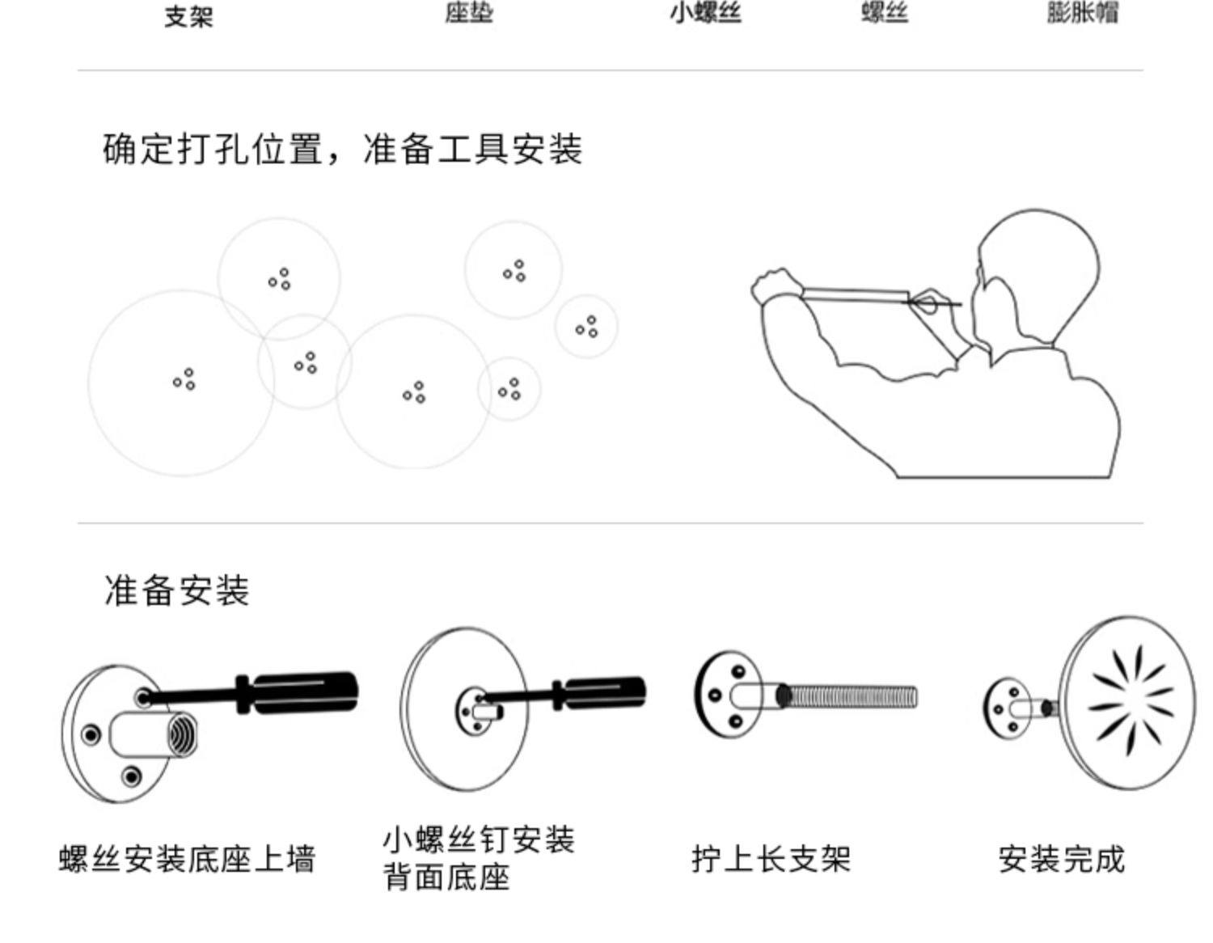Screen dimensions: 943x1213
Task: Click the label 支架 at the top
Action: (188, 16)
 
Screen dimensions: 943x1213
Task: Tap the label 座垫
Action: (468, 13)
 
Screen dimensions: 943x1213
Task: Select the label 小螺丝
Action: (705, 13)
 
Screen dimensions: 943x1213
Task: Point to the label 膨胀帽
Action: (1082, 13)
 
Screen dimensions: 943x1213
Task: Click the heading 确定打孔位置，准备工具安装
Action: (342, 149)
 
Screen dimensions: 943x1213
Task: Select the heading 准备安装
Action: (176, 590)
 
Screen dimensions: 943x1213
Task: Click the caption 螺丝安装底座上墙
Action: (187, 858)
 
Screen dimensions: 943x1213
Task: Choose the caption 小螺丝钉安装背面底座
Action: (478, 858)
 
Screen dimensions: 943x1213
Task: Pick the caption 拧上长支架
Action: (771, 858)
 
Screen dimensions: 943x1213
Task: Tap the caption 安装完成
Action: (1061, 858)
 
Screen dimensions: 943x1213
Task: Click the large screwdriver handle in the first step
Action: (307, 693)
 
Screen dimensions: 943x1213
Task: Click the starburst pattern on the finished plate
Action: (1130, 700)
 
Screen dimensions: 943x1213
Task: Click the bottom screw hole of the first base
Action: (130, 777)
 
